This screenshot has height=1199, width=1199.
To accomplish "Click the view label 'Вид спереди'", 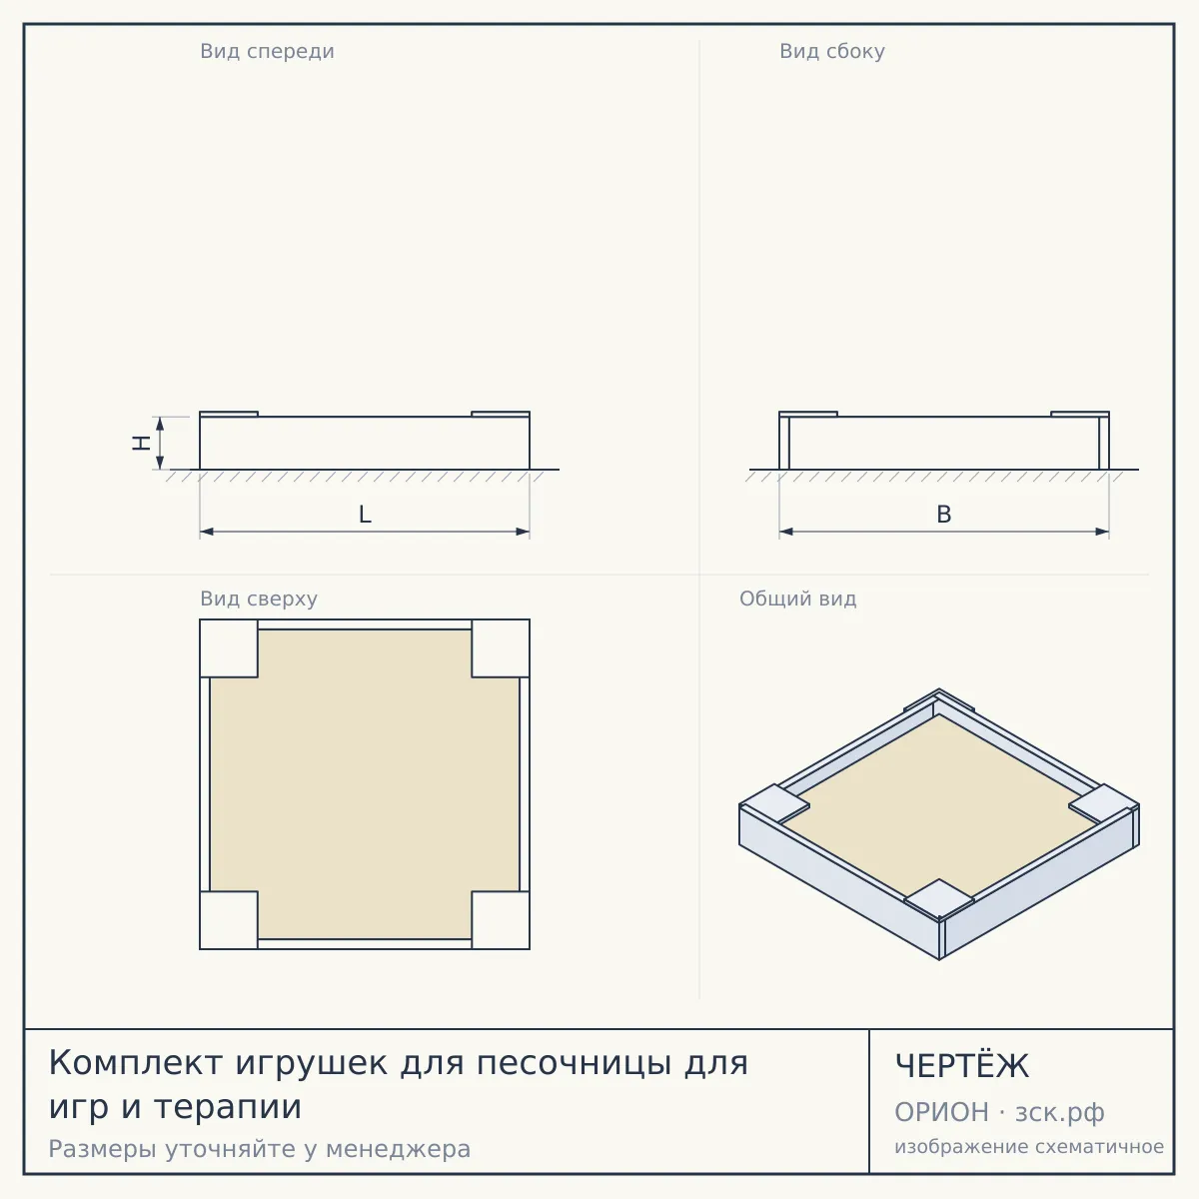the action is pyautogui.click(x=267, y=51).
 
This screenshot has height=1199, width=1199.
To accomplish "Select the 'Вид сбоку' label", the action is pyautogui.click(x=832, y=51).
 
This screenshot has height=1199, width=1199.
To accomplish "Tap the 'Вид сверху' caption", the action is pyautogui.click(x=259, y=599).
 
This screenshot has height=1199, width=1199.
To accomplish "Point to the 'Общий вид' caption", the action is pyautogui.click(x=797, y=599).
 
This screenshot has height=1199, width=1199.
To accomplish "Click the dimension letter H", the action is pyautogui.click(x=141, y=443).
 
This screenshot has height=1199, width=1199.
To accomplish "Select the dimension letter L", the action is pyautogui.click(x=366, y=515).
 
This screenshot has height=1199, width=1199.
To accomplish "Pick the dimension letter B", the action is pyautogui.click(x=944, y=515).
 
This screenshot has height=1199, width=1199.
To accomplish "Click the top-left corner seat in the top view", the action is pyautogui.click(x=229, y=648).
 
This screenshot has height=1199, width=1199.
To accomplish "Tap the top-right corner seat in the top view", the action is pyautogui.click(x=501, y=648).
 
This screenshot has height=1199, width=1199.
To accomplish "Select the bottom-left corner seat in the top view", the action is pyautogui.click(x=229, y=920).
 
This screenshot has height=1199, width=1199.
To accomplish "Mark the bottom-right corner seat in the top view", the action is pyautogui.click(x=501, y=920).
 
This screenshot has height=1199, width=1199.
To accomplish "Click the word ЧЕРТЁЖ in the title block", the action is pyautogui.click(x=962, y=1066).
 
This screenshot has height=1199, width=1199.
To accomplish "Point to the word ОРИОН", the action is pyautogui.click(x=941, y=1112).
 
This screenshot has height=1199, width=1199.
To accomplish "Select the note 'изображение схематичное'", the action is pyautogui.click(x=1029, y=1147).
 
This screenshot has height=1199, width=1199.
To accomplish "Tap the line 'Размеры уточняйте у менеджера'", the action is pyautogui.click(x=260, y=1149).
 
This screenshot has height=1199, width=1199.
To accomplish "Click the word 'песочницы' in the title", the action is pyautogui.click(x=575, y=1064).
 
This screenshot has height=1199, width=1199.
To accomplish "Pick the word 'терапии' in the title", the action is pyautogui.click(x=228, y=1107).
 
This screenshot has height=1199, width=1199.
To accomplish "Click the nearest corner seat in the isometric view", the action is pyautogui.click(x=939, y=899).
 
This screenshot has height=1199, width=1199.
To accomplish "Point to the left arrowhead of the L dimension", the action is pyautogui.click(x=207, y=532).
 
